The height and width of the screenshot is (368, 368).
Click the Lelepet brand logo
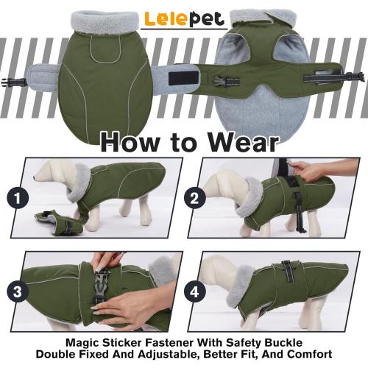[x=183, y=19]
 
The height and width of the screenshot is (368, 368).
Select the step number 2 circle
[x=195, y=197]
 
